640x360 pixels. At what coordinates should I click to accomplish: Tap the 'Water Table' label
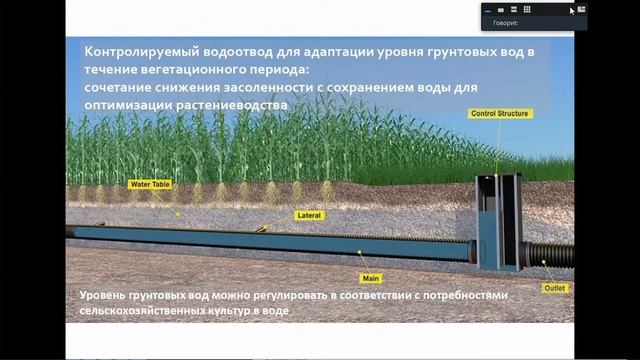pos(148,184)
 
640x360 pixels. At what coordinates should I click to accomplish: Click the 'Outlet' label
pos(555,287)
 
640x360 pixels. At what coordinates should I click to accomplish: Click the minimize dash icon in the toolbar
pos(488,9)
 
